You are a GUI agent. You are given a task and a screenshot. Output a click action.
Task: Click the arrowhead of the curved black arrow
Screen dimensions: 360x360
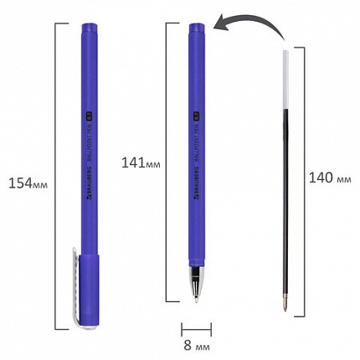[219, 29]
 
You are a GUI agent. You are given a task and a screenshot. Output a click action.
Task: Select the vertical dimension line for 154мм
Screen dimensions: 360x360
[56, 180]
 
